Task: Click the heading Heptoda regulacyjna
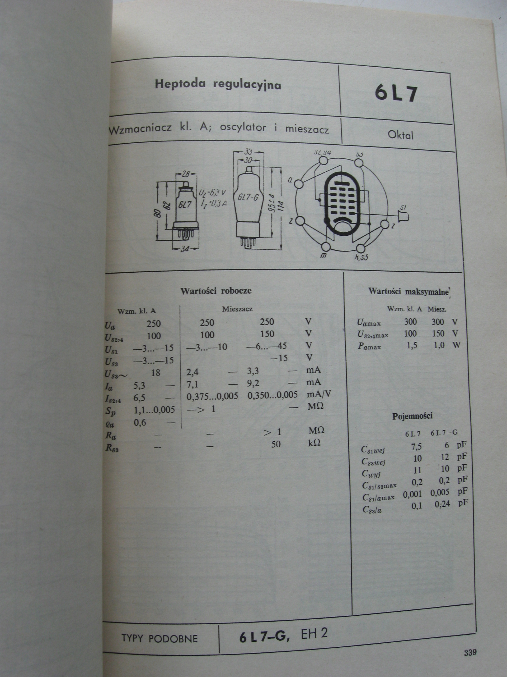[x=218, y=84]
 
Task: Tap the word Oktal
[x=400, y=135]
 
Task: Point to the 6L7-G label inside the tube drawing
[x=248, y=197]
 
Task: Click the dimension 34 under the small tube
[x=184, y=249]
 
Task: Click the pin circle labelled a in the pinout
[x=299, y=184]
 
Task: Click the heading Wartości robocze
[x=216, y=290]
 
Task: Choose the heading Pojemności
[x=412, y=416]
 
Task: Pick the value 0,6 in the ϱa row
[x=140, y=423]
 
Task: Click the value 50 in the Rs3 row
[x=276, y=444]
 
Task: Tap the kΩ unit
[x=314, y=443]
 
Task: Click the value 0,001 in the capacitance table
[x=412, y=494]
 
